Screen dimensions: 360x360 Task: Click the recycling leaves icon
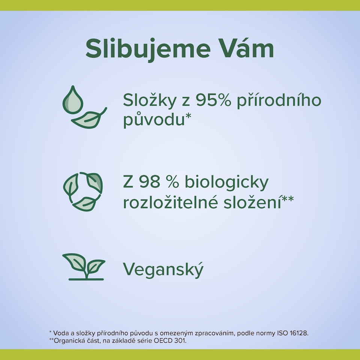click(83, 191)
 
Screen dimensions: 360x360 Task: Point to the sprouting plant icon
click(84, 267)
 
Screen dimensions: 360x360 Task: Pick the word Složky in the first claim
click(152, 101)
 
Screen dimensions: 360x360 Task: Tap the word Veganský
click(163, 270)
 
